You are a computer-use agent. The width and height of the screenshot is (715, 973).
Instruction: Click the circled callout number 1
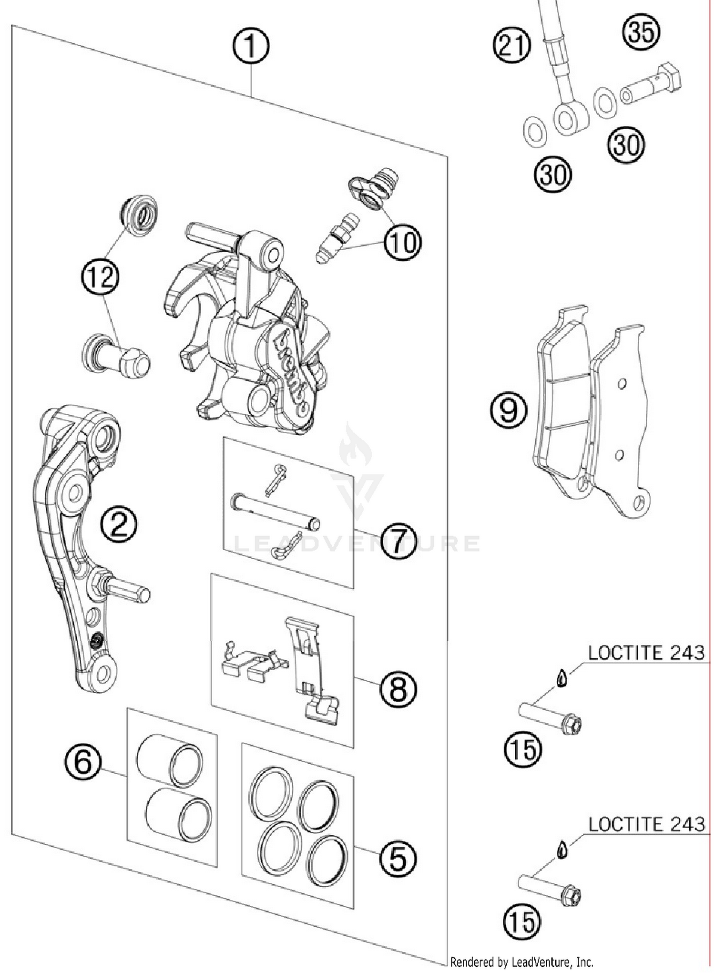(251, 47)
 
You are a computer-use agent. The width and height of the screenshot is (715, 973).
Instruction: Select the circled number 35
(641, 32)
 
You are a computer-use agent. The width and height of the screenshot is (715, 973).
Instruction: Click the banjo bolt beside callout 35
(651, 84)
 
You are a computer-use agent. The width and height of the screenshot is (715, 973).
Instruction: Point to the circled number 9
(509, 411)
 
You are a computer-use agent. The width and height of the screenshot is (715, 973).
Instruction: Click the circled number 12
(100, 277)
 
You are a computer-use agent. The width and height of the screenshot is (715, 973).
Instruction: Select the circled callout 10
(403, 242)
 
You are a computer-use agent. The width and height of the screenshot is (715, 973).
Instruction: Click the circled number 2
(119, 524)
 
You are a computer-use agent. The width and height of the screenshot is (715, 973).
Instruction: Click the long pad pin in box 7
(275, 512)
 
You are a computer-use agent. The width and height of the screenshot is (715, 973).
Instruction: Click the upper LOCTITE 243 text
(646, 653)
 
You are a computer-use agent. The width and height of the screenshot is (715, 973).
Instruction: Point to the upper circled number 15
(523, 750)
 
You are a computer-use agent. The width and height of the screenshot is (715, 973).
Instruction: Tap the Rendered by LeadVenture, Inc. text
(521, 962)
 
